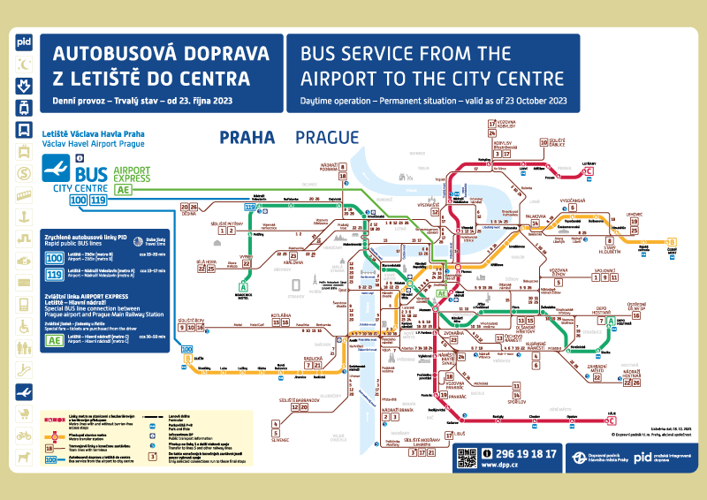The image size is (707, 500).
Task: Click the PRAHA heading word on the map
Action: point(247,137)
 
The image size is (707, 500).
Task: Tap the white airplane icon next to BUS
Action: point(57,169)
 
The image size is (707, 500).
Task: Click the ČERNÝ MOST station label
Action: point(674,250)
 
